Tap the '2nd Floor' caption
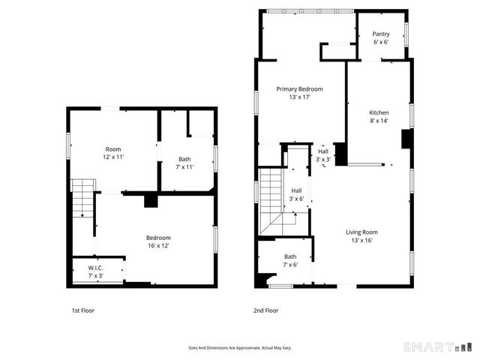coord(266,310)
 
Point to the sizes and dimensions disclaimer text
coord(240,347)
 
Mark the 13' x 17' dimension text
coord(299,97)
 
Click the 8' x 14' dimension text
coord(379,121)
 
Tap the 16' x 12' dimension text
coord(158,246)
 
